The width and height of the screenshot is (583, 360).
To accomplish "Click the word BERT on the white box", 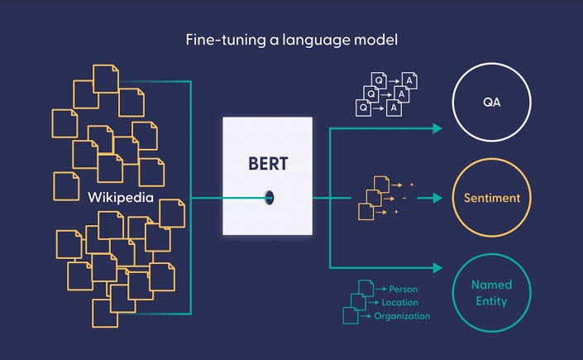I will click(x=267, y=163).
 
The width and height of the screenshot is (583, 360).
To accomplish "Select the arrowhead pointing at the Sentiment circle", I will click(x=436, y=198).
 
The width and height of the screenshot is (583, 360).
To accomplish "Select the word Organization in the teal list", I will click(x=402, y=315).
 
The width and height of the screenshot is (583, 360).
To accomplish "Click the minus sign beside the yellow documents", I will click(x=404, y=198).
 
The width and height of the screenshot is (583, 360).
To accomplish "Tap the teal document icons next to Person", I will click(x=354, y=302).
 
